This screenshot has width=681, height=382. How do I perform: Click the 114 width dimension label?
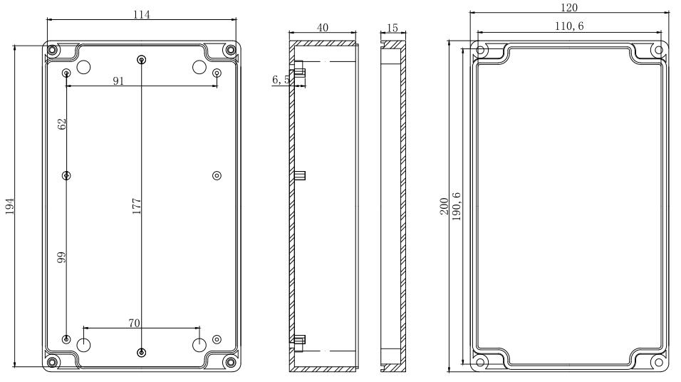[140, 14]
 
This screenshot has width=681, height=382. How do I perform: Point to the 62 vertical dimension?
[62, 123]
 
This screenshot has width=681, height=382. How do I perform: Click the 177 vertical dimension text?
[137, 206]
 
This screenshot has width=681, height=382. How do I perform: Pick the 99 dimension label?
[62, 257]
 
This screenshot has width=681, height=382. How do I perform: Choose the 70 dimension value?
[134, 323]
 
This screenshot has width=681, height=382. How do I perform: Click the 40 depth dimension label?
[323, 27]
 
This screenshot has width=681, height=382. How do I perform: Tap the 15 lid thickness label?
[392, 27]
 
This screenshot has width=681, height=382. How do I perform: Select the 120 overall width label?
[569, 7]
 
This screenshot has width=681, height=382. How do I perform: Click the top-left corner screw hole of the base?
[53, 50]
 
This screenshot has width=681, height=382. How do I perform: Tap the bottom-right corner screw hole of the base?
[230, 362]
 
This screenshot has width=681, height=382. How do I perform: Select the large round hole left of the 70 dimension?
[84, 346]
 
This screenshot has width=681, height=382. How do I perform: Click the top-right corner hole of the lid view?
[658, 50]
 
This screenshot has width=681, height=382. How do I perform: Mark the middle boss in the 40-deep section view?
[300, 175]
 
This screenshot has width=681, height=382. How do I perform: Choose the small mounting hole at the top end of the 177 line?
[142, 59]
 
